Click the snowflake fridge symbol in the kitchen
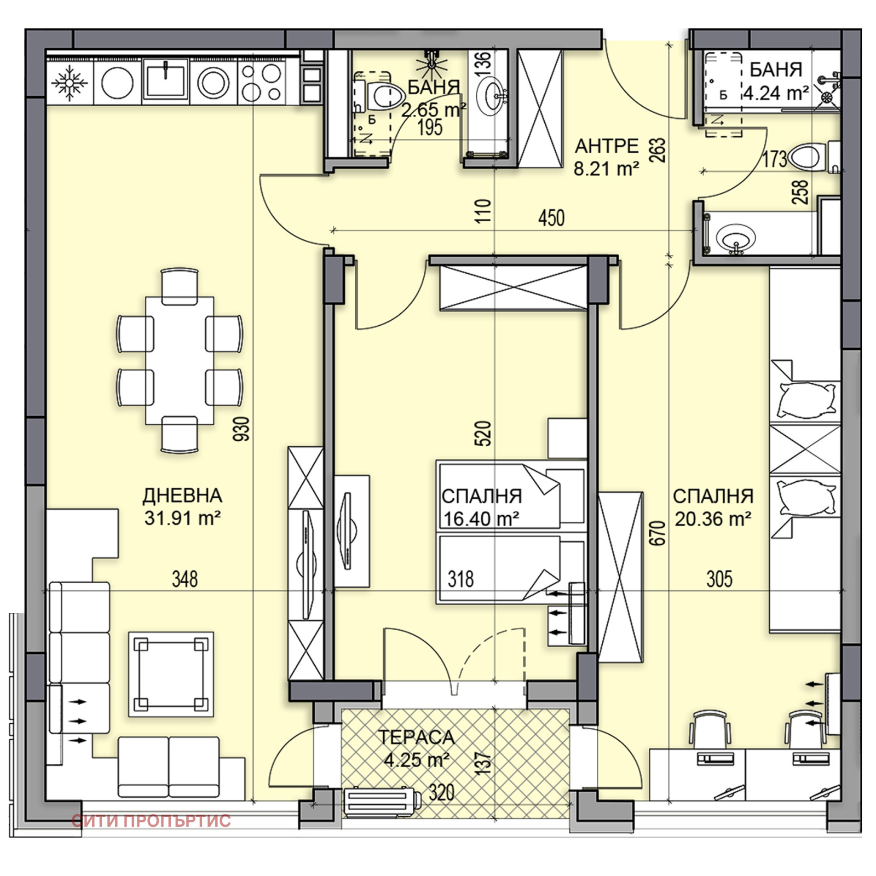(x=70, y=83)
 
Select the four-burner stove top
(x=262, y=83)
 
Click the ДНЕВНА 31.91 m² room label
(x=182, y=506)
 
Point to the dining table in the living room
(x=180, y=360)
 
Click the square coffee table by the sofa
(x=171, y=674)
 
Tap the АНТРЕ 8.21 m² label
(x=606, y=157)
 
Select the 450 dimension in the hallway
(x=551, y=218)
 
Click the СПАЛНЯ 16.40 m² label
(x=481, y=506)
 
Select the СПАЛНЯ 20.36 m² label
(x=713, y=506)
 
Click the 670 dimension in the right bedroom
(x=659, y=532)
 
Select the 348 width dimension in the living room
(x=185, y=579)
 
